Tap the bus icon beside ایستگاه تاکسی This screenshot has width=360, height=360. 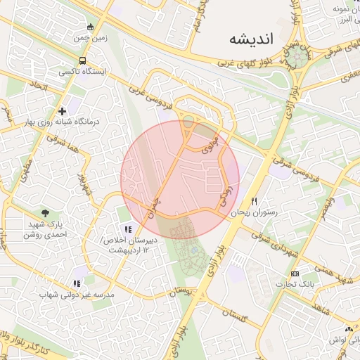coord(83,61)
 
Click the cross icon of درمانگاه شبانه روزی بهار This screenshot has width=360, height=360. coord(63,110)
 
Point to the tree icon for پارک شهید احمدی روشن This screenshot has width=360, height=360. coord(46,213)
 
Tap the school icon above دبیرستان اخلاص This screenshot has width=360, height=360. coord(127,229)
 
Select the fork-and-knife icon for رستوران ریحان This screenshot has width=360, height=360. coord(264,201)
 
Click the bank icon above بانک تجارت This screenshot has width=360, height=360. coord(294,274)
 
